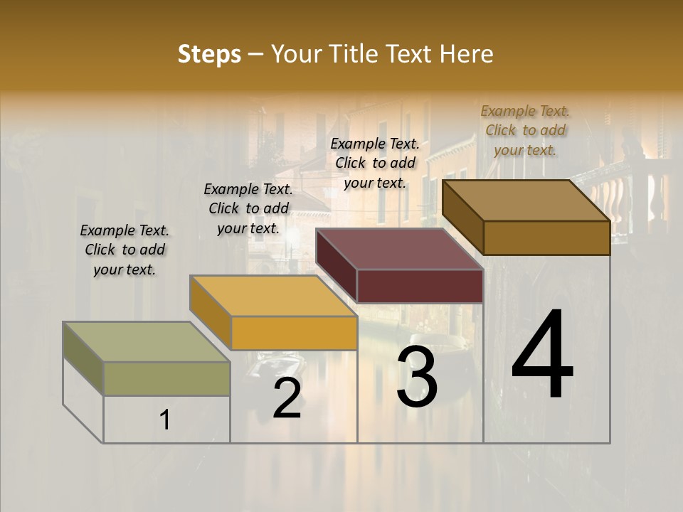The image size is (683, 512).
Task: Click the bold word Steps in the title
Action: click(x=209, y=54)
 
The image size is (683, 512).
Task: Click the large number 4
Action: click(x=542, y=355)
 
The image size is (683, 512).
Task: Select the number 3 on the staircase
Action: click(x=416, y=377)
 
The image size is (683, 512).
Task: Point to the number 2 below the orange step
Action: click(x=287, y=399)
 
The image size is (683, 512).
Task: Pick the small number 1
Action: click(x=165, y=420)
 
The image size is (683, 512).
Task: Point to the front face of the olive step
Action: click(x=166, y=378)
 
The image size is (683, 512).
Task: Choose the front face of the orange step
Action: click(x=294, y=333)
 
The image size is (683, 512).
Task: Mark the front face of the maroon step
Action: click(x=420, y=286)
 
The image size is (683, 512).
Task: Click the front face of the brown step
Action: click(x=546, y=238)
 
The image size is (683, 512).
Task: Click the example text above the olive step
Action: click(x=125, y=250)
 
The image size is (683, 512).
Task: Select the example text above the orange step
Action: click(x=248, y=208)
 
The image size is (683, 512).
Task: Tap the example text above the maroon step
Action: click(x=375, y=163)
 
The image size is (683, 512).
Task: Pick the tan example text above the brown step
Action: click(x=525, y=130)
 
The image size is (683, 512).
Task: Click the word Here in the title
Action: click(x=467, y=54)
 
